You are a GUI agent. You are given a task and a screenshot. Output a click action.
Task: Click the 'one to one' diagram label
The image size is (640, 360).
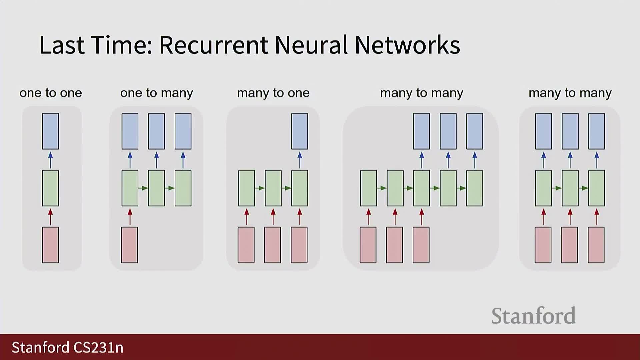pyautogui.click(x=51, y=93)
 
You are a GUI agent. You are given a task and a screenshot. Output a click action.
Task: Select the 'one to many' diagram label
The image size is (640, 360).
pyautogui.click(x=157, y=93)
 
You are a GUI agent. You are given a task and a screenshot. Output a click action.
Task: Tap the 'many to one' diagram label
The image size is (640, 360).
pyautogui.click(x=273, y=93)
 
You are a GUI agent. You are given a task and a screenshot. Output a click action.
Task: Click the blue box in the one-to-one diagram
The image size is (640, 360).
pyautogui.click(x=50, y=131)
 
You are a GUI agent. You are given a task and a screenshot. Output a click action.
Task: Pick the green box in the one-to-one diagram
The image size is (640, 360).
pyautogui.click(x=50, y=188)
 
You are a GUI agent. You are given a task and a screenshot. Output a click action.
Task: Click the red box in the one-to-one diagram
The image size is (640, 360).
pyautogui.click(x=50, y=245)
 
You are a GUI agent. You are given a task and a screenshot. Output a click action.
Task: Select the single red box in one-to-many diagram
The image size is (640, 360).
pyautogui.click(x=129, y=245)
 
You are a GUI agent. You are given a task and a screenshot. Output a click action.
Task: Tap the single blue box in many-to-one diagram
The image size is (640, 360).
pyautogui.click(x=300, y=131)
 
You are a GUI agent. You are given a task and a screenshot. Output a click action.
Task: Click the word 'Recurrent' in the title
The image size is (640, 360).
pyautogui.click(x=214, y=45)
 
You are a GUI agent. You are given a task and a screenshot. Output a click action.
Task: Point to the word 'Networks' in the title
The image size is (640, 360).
pyautogui.click(x=407, y=45)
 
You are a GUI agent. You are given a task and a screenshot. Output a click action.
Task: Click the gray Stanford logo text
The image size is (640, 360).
pyautogui.click(x=533, y=316)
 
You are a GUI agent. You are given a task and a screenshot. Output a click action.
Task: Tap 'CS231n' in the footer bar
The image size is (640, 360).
pyautogui.click(x=98, y=347)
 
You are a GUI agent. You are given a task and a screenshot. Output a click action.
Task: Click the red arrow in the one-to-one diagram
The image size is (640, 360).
pyautogui.click(x=50, y=217)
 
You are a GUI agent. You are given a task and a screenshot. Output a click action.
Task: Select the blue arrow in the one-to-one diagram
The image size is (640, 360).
pyautogui.click(x=50, y=160)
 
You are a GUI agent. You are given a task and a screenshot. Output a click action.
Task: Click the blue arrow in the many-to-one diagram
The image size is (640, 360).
pyautogui.click(x=300, y=160)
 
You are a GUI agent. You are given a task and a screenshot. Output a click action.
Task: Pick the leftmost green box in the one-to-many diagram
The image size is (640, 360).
pyautogui.click(x=130, y=188)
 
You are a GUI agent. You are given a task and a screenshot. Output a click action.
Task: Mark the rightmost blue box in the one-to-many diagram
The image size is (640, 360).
pyautogui.click(x=183, y=131)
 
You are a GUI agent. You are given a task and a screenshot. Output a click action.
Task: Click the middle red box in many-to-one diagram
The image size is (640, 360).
pyautogui.click(x=273, y=245)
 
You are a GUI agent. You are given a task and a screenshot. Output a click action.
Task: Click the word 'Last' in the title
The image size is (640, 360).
pyautogui.click(x=62, y=45)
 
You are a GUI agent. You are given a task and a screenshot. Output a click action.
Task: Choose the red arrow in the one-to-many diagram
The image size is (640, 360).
pyautogui.click(x=130, y=217)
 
